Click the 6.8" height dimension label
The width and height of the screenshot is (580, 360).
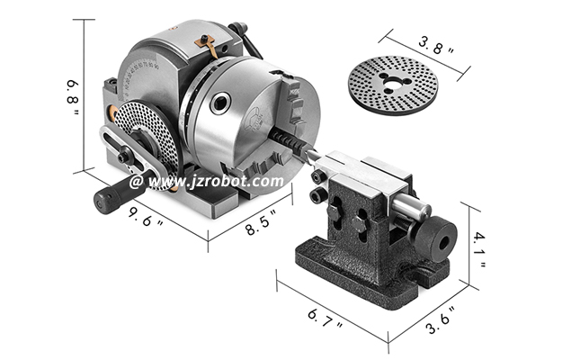pos(73,97)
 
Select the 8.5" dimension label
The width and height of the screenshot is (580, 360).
pos(261,223)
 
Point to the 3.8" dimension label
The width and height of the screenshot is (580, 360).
pos(436,46)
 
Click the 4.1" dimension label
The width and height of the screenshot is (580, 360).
pos(479,249)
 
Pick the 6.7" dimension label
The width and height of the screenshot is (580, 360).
pos(325,319)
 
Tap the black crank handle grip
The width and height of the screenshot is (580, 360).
pos(107,198)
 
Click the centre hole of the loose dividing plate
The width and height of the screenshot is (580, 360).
pos(391,85)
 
